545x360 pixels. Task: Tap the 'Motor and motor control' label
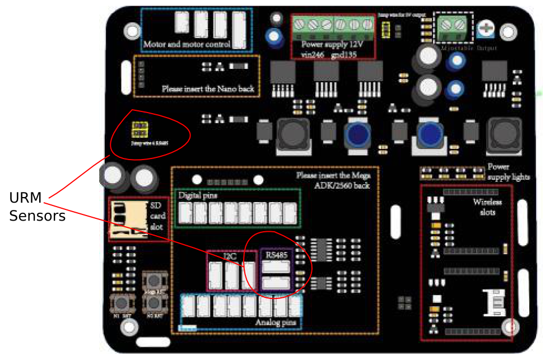187,44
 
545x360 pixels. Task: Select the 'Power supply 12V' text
333,44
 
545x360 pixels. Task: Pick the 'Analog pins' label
276,323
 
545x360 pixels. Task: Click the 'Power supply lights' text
507,172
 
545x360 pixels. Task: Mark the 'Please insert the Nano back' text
208,88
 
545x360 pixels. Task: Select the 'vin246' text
313,54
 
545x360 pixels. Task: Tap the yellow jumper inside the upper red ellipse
139,130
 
